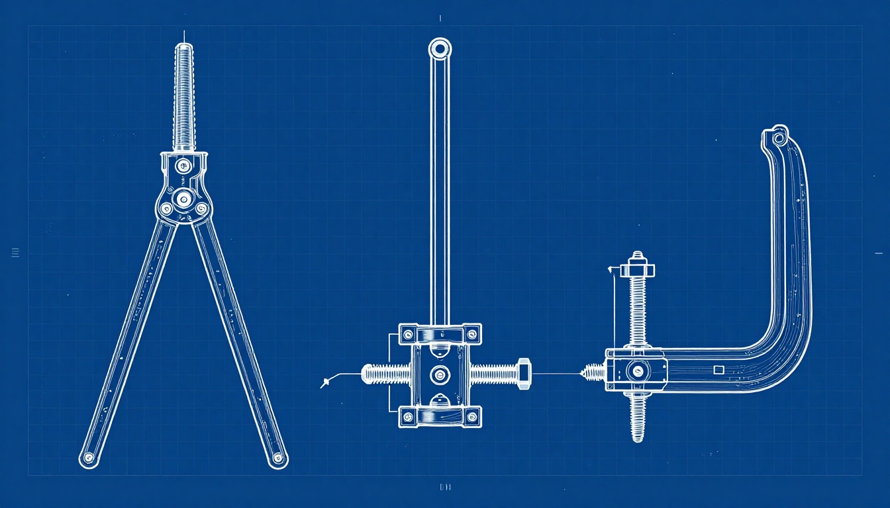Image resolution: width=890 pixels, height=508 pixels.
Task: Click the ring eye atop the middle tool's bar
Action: pyautogui.click(x=440, y=48)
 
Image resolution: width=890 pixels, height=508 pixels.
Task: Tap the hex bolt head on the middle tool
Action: pyautogui.click(x=522, y=374)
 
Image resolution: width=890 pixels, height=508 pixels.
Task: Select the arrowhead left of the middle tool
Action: pyautogui.click(x=324, y=382)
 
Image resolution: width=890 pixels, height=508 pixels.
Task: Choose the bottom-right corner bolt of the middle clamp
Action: pyautogui.click(x=471, y=417)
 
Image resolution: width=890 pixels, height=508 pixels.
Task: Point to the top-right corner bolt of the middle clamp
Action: pyautogui.click(x=471, y=333)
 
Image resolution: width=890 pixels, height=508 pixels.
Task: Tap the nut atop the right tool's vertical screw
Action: pyautogui.click(x=638, y=268)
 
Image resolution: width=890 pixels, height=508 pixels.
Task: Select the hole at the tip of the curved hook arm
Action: pyautogui.click(x=779, y=138)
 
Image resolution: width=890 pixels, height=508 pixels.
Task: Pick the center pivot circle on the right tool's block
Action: pyautogui.click(x=638, y=371)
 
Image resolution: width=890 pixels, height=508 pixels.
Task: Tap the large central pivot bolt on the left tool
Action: pyautogui.click(x=183, y=197)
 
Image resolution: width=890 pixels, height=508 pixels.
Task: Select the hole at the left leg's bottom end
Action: pyautogui.click(x=89, y=457)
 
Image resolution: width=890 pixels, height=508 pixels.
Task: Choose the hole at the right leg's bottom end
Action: pyautogui.click(x=278, y=457)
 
